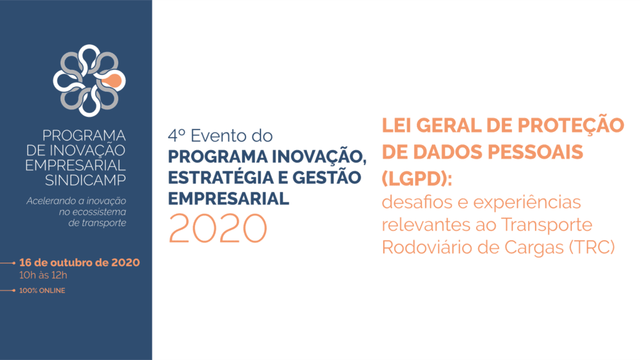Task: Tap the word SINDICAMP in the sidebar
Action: tap(85, 180)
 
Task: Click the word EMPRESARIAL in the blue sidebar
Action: tap(76, 165)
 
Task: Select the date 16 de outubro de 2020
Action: tap(79, 262)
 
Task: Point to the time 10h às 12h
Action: tap(43, 275)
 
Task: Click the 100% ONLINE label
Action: tap(42, 291)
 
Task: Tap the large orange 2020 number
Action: tap(218, 228)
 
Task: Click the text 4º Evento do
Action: tap(220, 136)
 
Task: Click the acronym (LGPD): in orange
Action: tap(417, 179)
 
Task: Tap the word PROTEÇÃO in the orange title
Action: tap(571, 125)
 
